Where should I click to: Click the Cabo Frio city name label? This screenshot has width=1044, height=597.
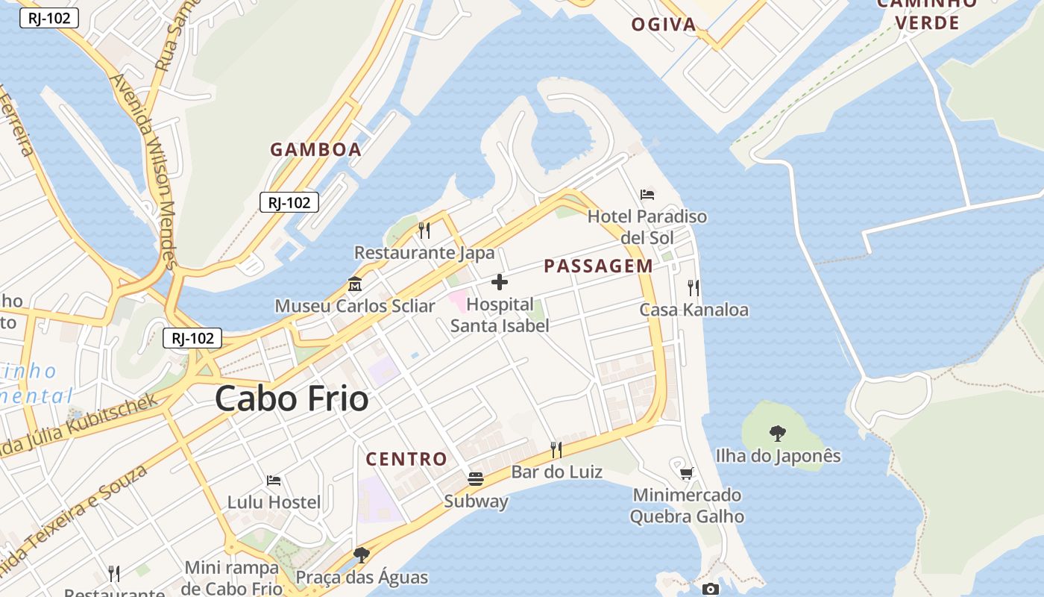pos(292,399)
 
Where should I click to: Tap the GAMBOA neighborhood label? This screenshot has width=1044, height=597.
pos(315,149)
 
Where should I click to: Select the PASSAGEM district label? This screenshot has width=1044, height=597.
pos(598,266)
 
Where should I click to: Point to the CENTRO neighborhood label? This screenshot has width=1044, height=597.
pos(406,459)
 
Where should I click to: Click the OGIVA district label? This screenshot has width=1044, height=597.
pos(664,25)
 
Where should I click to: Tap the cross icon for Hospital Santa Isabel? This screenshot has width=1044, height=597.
pos(500,282)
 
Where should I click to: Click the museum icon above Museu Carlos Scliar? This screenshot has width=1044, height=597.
pos(355,284)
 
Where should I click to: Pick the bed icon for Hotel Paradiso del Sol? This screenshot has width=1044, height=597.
pos(647,195)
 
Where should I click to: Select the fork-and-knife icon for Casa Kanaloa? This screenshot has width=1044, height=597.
pos(694,287)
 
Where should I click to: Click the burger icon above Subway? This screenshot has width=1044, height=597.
pos(476,478)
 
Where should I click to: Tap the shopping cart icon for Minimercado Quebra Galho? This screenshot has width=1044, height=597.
pos(687,473)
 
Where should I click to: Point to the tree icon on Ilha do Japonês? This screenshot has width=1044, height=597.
pos(778,433)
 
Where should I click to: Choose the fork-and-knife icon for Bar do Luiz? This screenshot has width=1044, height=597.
pos(556,449)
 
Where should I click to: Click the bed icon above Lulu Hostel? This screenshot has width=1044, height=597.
pos(274,480)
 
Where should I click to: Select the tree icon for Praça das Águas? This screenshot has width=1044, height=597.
pos(362,554)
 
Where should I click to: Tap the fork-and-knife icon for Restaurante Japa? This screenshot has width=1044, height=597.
pos(424,230)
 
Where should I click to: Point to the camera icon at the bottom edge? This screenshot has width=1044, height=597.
pos(711,590)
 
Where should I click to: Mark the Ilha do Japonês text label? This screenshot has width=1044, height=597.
pos(778,456)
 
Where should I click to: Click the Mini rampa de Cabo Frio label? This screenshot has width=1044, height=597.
pos(231,578)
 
